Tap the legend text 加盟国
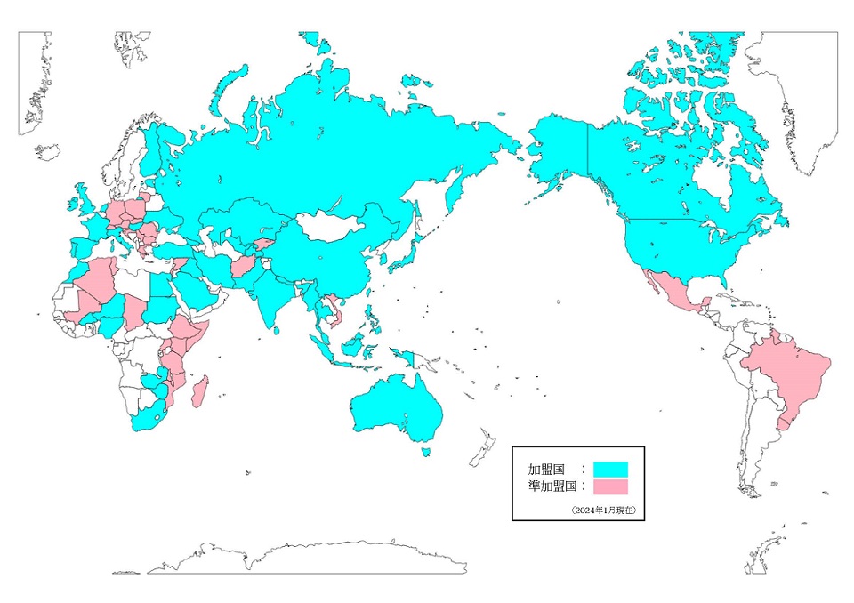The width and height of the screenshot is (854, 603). point(545,469)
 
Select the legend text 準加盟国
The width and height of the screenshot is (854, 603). point(552,486)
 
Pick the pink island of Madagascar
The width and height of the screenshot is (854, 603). point(201,392)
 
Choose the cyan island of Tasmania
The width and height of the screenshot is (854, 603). point(425,452)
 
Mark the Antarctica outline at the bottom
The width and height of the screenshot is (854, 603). point(311,558)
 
